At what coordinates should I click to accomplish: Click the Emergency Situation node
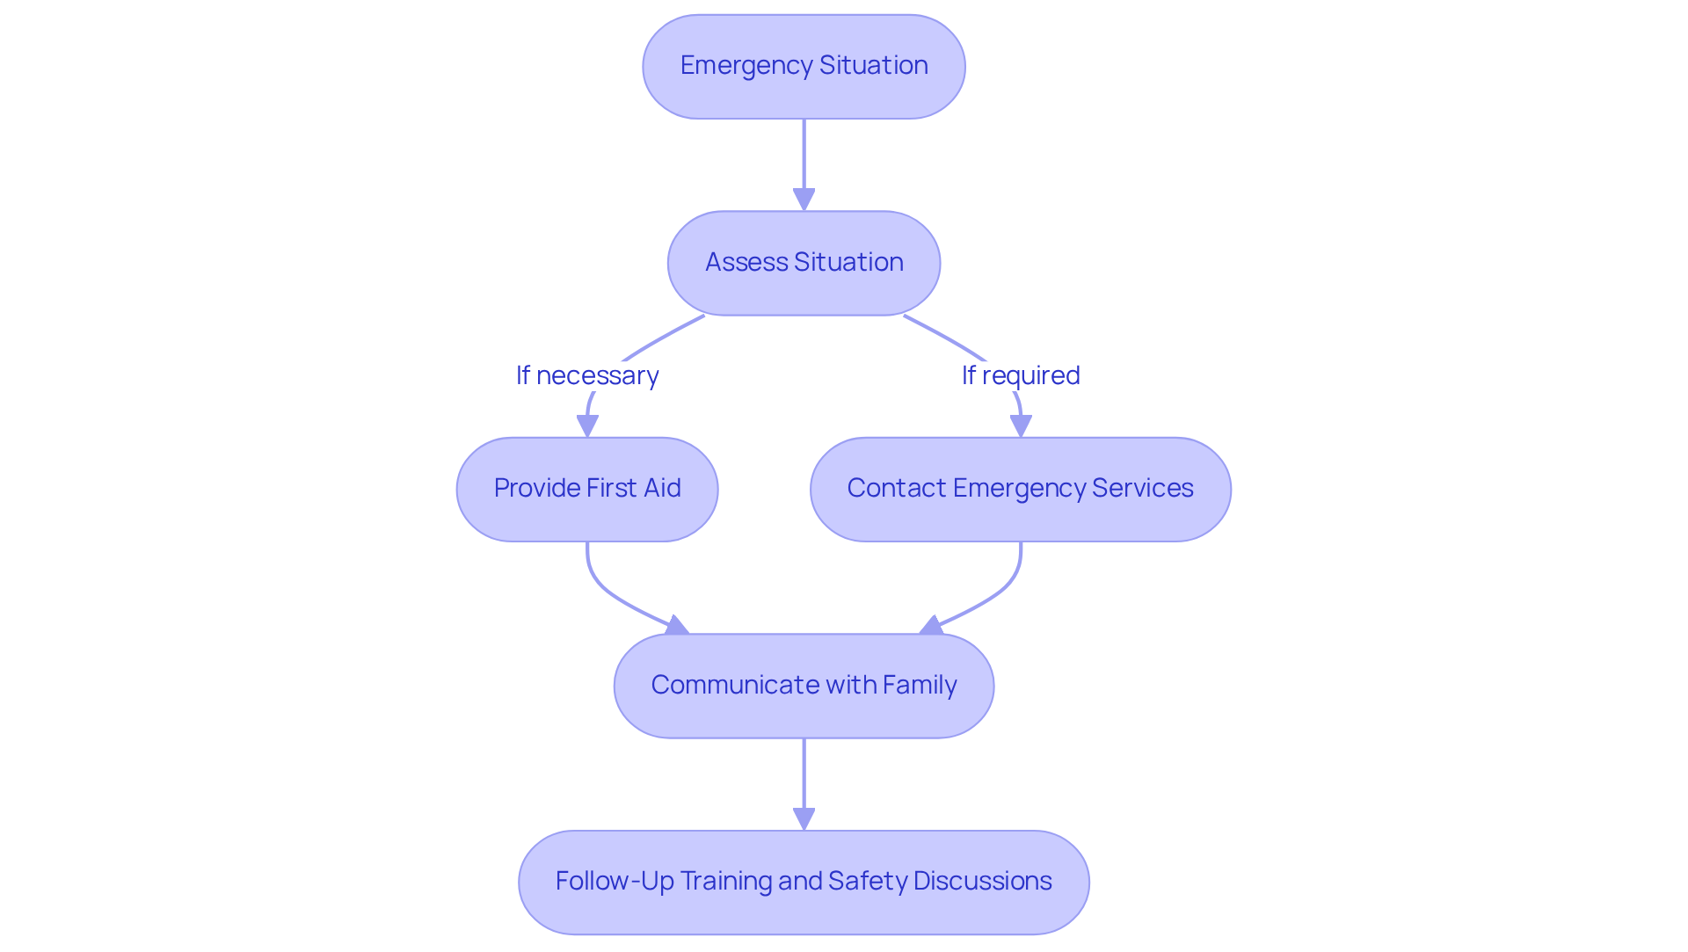(804, 67)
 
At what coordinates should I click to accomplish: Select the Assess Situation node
(804, 263)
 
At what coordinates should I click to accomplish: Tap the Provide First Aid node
(587, 490)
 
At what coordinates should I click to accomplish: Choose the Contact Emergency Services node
(1020, 490)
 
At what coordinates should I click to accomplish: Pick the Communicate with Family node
(804, 686)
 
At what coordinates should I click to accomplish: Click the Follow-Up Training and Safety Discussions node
(804, 882)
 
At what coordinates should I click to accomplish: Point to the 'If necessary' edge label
(587, 375)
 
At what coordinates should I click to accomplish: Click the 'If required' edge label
(1020, 375)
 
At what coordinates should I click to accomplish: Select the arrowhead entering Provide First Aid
(587, 425)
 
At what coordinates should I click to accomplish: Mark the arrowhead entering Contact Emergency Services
(1020, 425)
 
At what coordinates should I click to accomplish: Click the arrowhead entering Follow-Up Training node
(804, 818)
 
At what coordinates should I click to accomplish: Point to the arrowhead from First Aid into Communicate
(676, 625)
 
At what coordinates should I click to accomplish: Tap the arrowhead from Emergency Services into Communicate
(931, 625)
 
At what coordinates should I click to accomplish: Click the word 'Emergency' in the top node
(746, 66)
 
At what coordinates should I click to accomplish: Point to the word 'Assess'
(746, 262)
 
